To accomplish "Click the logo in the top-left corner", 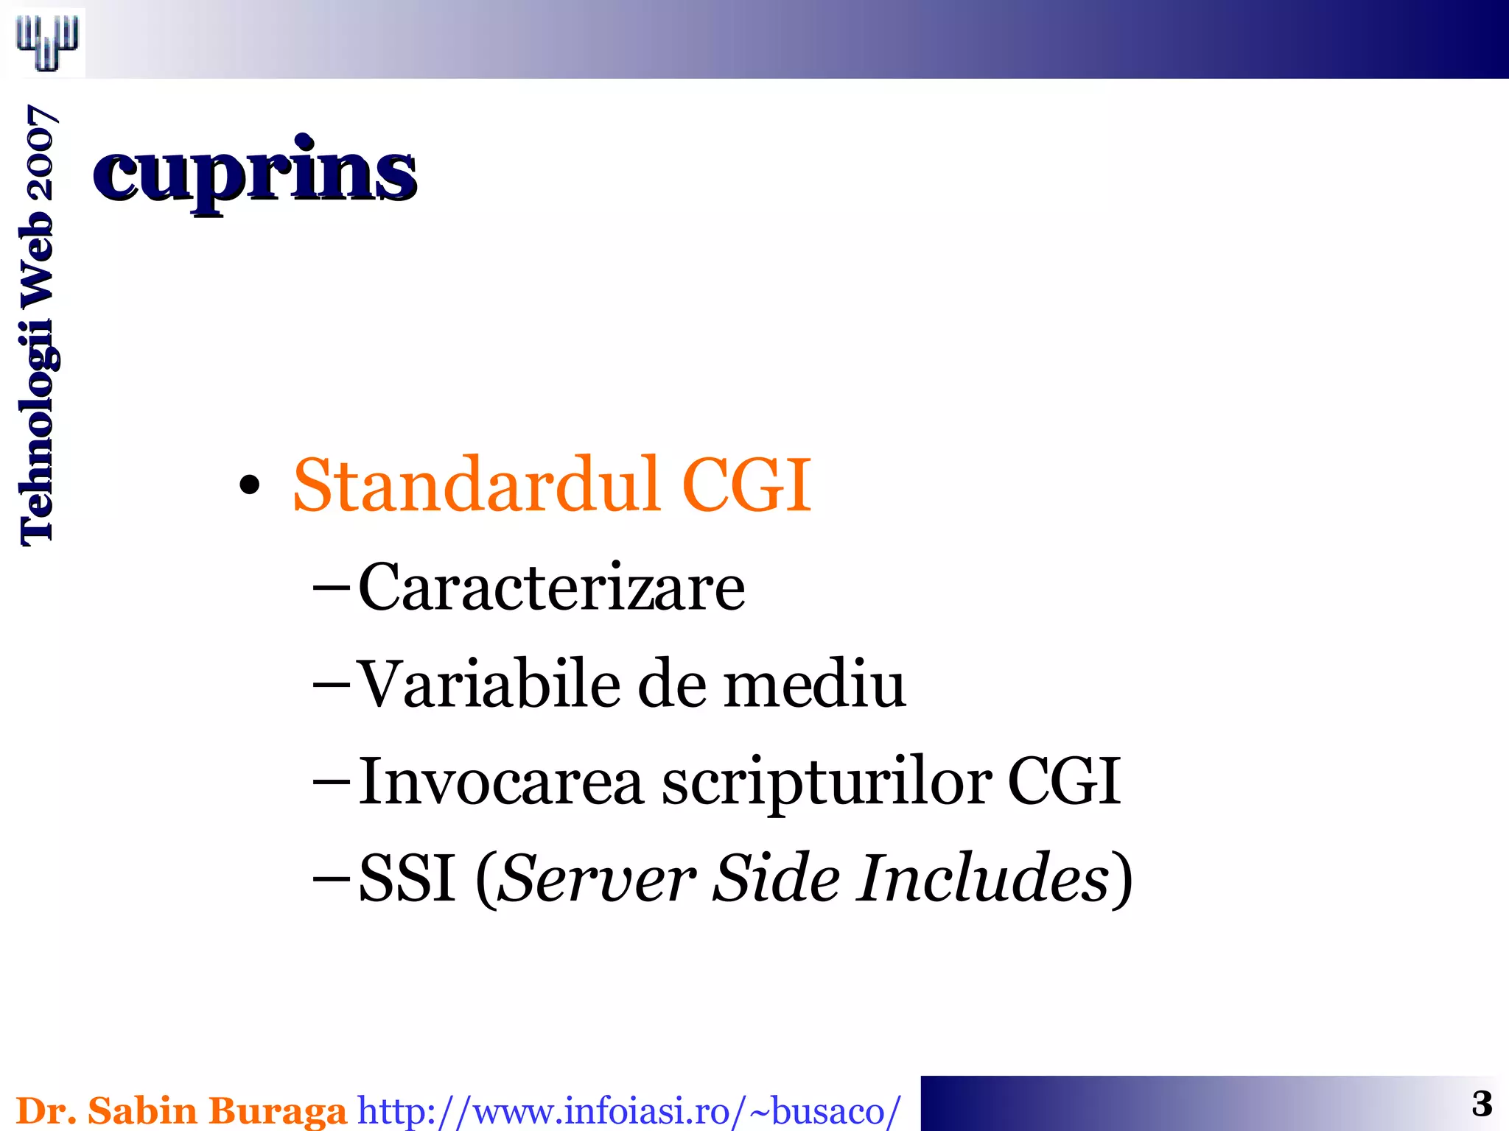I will [x=47, y=42].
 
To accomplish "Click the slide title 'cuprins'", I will [x=255, y=172].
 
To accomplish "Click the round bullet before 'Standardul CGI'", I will [x=250, y=485].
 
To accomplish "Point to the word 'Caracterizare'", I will [x=551, y=587].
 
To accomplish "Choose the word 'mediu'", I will [x=814, y=684].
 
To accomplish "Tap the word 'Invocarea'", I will [x=501, y=781].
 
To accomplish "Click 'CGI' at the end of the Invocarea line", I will [x=1063, y=781].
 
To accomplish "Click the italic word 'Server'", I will [x=596, y=878].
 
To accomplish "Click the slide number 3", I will [x=1482, y=1104].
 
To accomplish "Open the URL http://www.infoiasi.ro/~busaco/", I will [x=629, y=1111].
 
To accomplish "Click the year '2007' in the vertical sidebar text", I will [x=37, y=152].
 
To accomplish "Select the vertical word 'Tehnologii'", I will [x=37, y=434].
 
